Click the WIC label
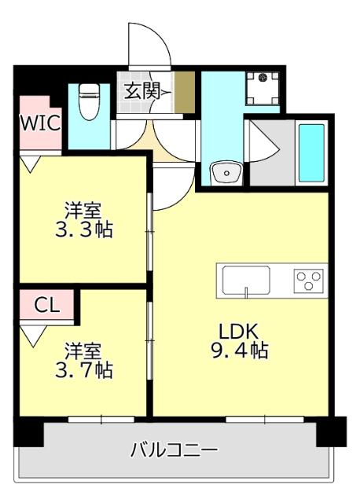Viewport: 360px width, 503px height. point(35,122)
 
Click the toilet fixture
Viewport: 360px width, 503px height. point(88,102)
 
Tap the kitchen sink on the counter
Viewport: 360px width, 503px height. point(246,280)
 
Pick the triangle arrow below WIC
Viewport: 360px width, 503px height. point(31,164)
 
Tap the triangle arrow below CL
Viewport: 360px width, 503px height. point(32,336)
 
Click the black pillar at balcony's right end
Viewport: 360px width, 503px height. point(331,431)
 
